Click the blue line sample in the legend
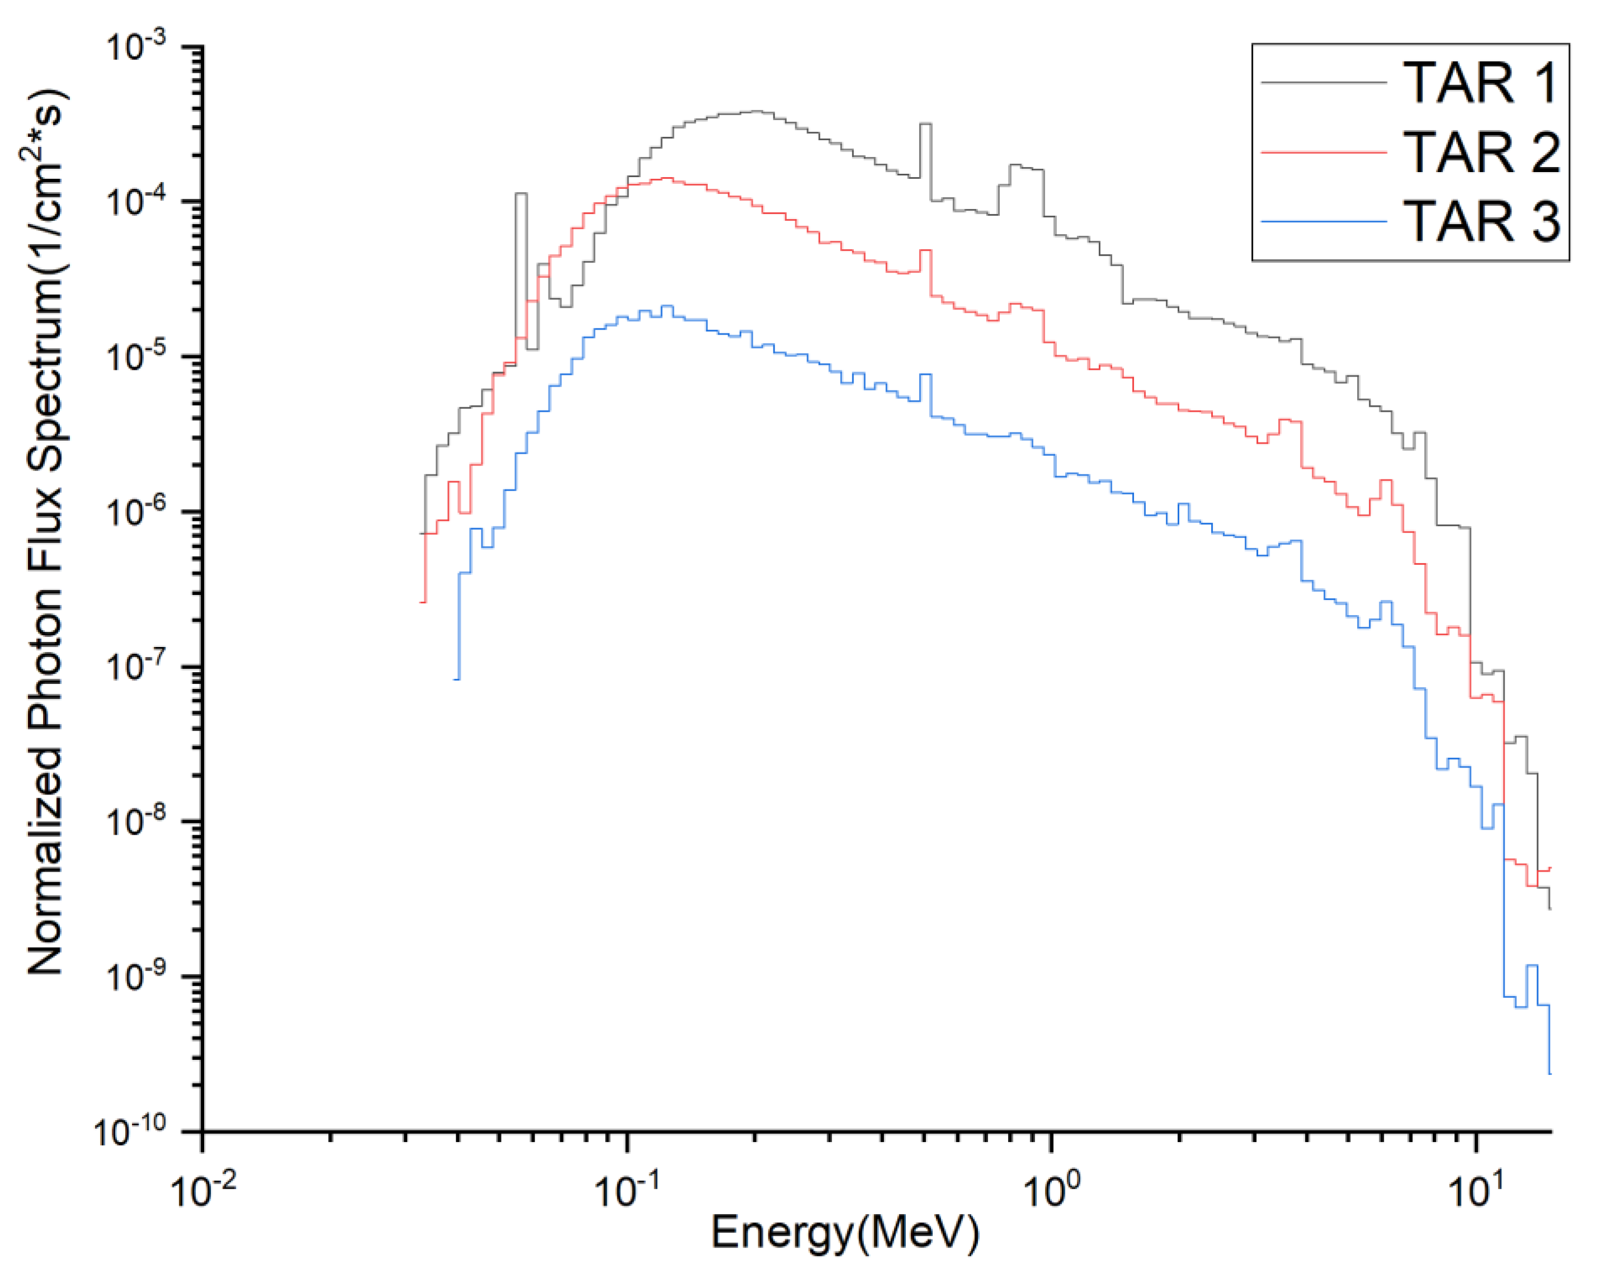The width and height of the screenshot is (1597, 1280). (1324, 221)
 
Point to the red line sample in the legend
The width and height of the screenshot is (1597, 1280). (1324, 153)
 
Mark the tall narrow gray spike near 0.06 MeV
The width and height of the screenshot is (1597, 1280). (522, 194)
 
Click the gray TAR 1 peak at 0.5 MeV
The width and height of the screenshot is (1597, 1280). (925, 125)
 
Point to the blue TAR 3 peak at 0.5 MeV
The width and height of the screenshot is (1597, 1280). (925, 375)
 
